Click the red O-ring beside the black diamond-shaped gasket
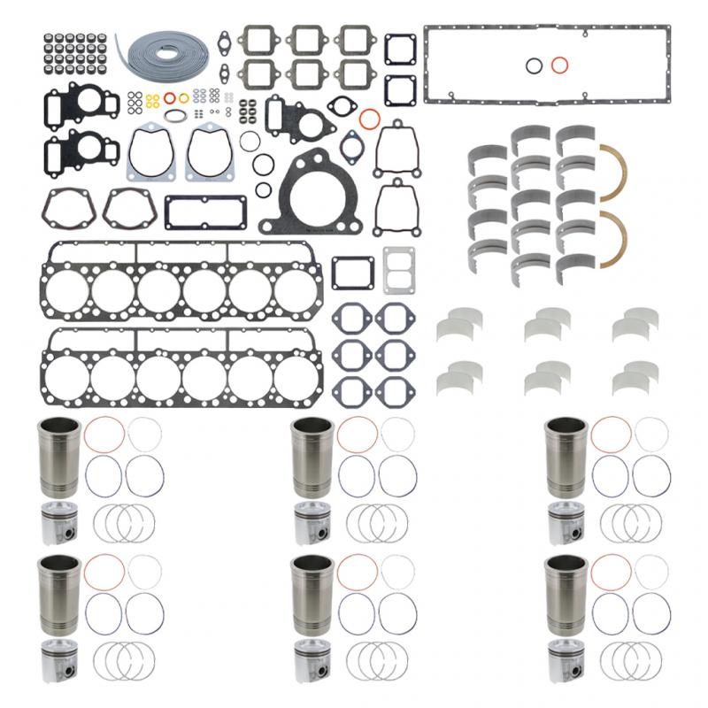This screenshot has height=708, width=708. (369, 118)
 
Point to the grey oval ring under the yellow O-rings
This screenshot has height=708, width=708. (176, 115)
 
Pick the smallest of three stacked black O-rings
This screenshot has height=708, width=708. (262, 189)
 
